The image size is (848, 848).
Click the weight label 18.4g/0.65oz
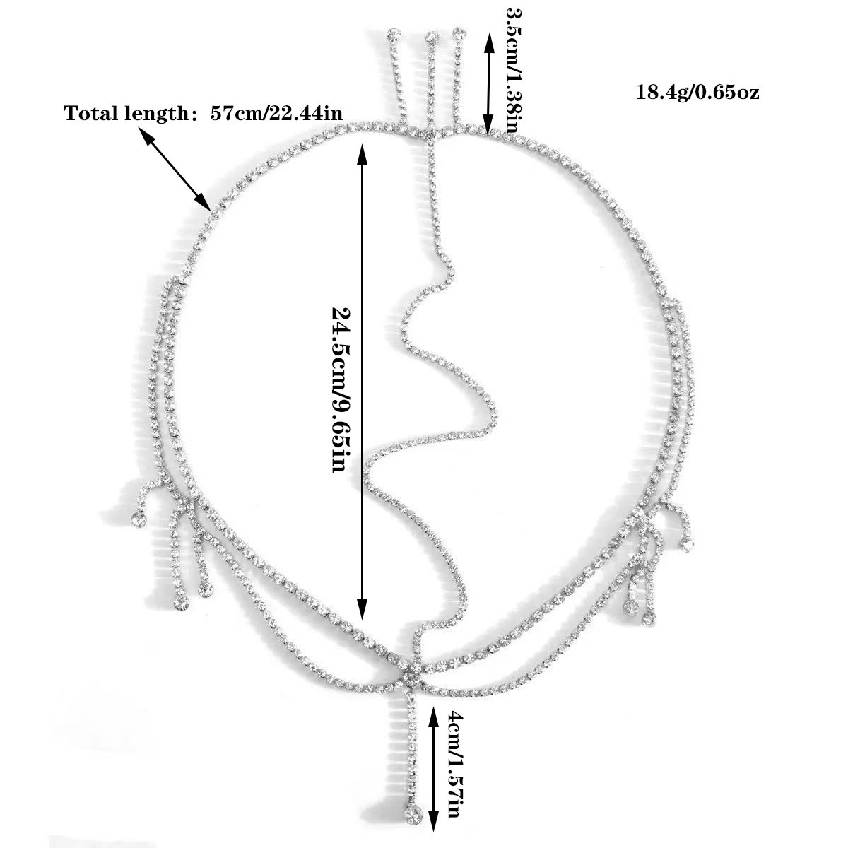point(697,93)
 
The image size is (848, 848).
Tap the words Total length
point(127,114)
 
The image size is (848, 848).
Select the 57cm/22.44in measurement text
point(276,114)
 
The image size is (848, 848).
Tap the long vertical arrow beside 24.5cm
point(362,382)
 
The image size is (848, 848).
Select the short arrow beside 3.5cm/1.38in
point(487,84)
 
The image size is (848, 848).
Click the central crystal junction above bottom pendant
point(412,679)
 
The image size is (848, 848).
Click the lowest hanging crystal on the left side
point(181,603)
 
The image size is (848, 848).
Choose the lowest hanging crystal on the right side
point(646,619)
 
